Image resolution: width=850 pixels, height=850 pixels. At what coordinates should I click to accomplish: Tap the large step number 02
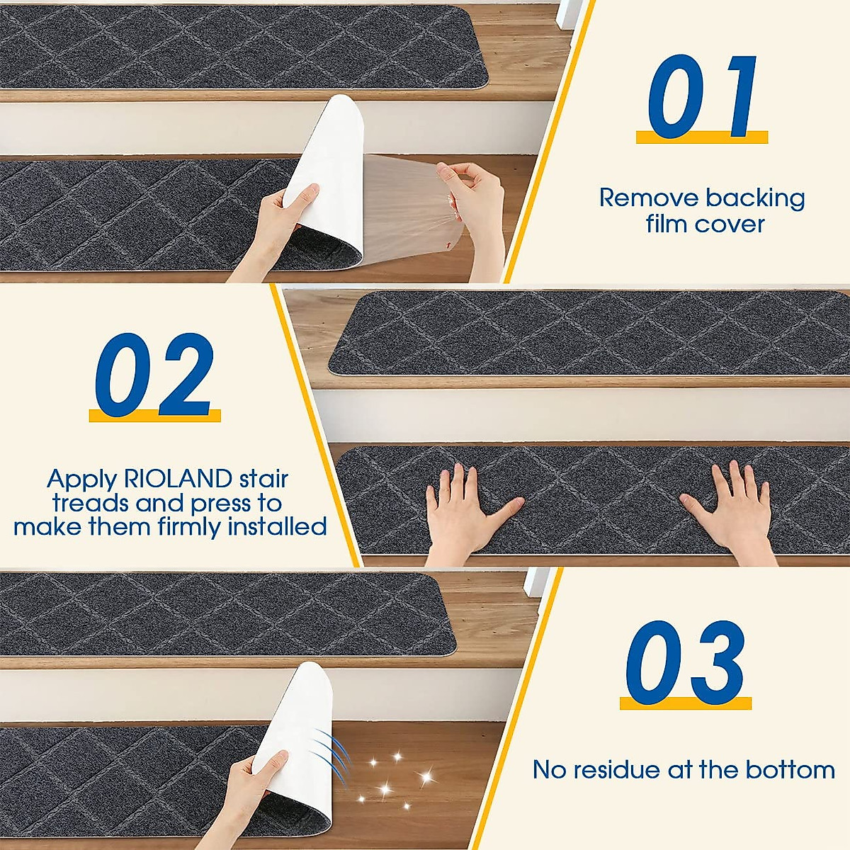(x=154, y=375)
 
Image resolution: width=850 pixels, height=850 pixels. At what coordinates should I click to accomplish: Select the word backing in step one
(x=755, y=199)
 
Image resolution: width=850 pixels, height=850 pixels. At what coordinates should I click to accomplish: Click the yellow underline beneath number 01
(x=701, y=137)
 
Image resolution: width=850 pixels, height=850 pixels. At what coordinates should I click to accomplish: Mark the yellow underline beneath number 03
(x=685, y=703)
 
